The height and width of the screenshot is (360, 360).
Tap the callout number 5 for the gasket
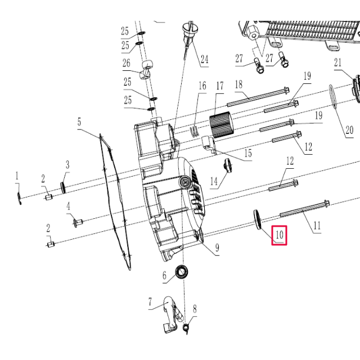pyautogui.click(x=79, y=121)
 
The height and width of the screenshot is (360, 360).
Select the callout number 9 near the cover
pyautogui.click(x=217, y=247)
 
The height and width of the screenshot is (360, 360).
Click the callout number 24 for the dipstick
pyautogui.click(x=204, y=58)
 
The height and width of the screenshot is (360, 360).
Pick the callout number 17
pyautogui.click(x=219, y=86)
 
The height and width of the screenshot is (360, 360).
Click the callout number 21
pyautogui.click(x=337, y=62)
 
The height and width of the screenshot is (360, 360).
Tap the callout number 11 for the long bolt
pyautogui.click(x=317, y=226)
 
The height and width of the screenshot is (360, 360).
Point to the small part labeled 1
pyautogui.click(x=19, y=197)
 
